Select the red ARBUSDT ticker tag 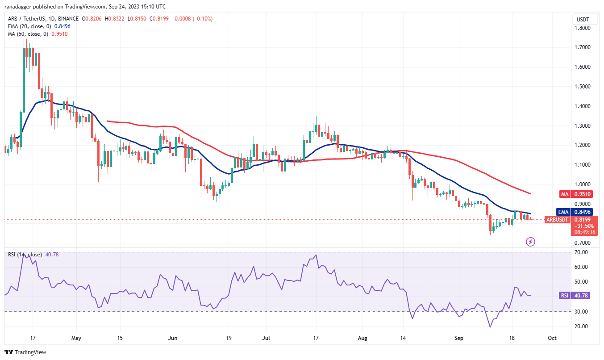click(x=558, y=219)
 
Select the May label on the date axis click(x=76, y=339)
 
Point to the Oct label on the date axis click(x=552, y=339)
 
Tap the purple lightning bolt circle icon click(x=531, y=242)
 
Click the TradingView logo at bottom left click(x=25, y=352)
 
